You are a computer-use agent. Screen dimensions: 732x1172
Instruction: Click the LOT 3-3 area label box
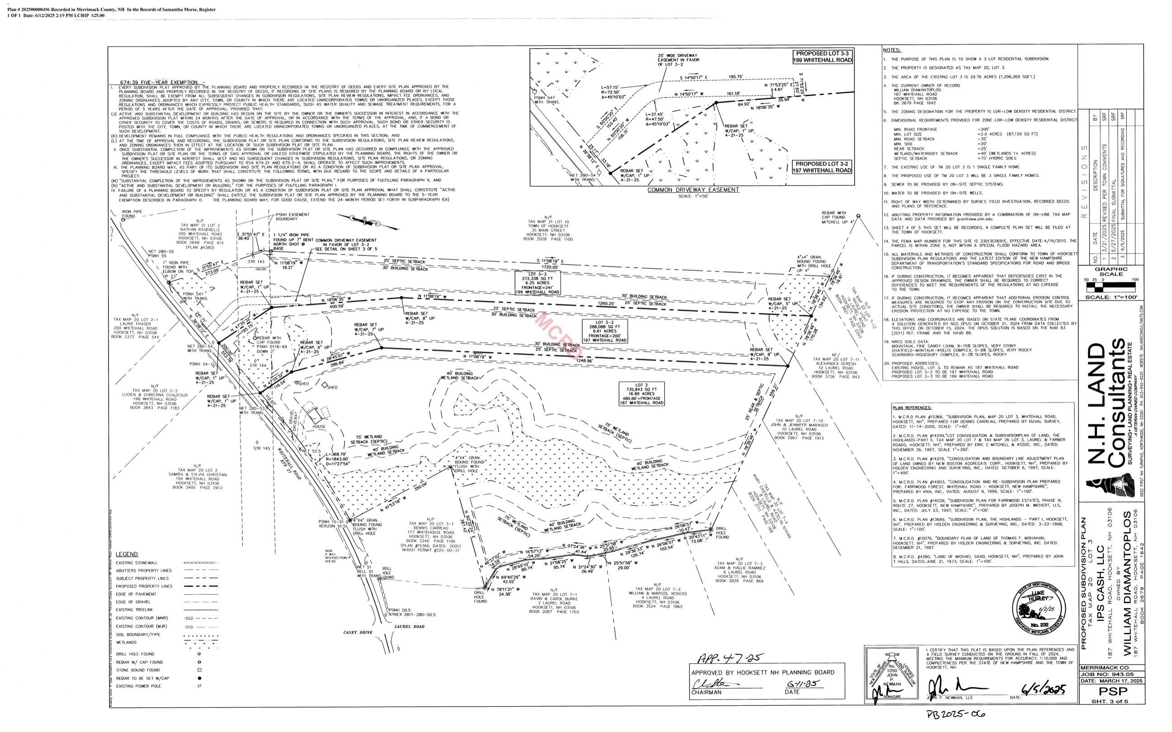click(537, 283)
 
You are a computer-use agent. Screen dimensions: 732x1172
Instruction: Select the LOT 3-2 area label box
click(605, 331)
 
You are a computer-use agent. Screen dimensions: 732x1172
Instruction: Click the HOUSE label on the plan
click(319, 426)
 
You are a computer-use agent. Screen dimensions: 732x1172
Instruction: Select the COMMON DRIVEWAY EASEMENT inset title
click(693, 190)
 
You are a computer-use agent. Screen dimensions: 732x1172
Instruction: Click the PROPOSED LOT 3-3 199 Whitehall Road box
click(822, 57)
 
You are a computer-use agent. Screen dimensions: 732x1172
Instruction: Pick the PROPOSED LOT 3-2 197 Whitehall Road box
click(822, 167)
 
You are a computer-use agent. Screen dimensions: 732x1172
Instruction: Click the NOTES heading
click(892, 50)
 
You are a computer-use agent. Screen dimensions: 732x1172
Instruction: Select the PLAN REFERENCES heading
click(912, 408)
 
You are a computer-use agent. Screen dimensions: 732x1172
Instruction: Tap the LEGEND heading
click(127, 554)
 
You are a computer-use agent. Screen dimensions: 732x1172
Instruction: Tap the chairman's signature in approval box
click(710, 684)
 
